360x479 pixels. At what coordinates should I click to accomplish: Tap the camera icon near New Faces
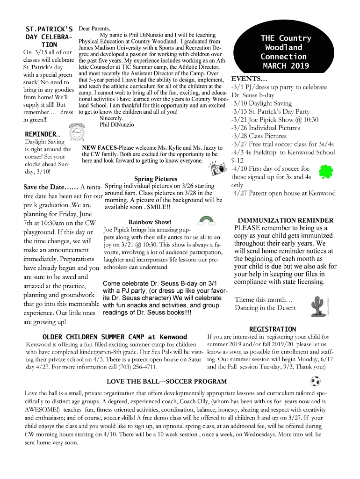click(x=216, y=168)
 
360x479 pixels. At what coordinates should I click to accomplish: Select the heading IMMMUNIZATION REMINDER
click(x=285, y=220)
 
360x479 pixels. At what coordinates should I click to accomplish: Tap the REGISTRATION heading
click(x=272, y=329)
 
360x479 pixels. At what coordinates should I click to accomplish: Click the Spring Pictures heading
click(x=156, y=179)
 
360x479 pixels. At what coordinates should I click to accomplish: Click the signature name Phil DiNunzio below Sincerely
click(x=117, y=125)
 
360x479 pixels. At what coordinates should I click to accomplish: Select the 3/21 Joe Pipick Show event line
click(x=274, y=120)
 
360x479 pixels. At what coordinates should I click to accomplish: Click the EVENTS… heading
click(x=250, y=78)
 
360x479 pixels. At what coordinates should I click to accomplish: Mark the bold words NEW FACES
click(x=100, y=147)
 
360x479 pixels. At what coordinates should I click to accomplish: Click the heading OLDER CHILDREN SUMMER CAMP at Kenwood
click(x=115, y=337)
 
